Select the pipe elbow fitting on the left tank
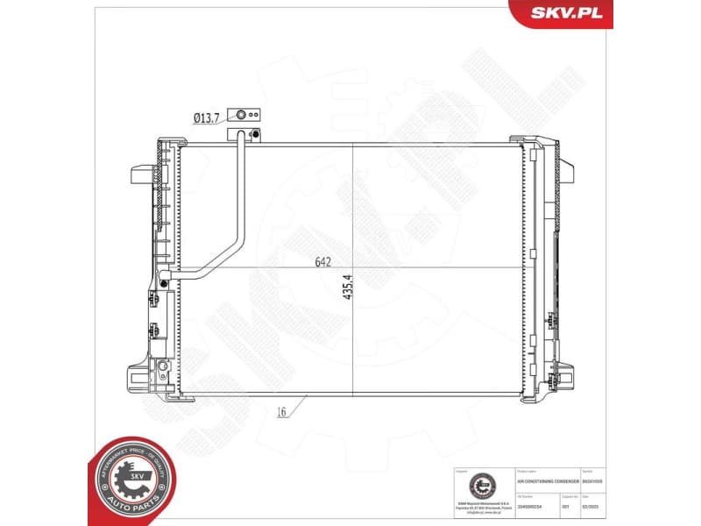[x=166, y=280]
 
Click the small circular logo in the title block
[x=479, y=485]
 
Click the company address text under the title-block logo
[x=479, y=506]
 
